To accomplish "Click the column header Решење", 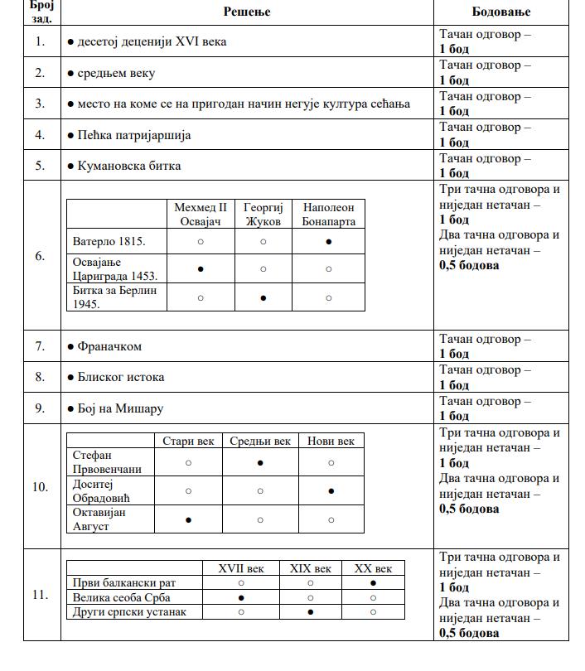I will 247,12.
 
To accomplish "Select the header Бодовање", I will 500,12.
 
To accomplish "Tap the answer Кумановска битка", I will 128,166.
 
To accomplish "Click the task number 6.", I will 41,256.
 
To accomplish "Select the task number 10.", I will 41,486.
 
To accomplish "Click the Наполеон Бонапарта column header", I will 329,215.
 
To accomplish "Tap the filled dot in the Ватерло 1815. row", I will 329,242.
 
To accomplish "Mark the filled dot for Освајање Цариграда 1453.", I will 201,269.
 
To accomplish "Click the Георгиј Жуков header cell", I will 263,215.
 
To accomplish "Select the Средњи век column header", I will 260,442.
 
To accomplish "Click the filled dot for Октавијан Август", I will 188,520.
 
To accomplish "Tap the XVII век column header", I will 241,568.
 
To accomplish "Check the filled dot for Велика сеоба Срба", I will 241,597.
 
